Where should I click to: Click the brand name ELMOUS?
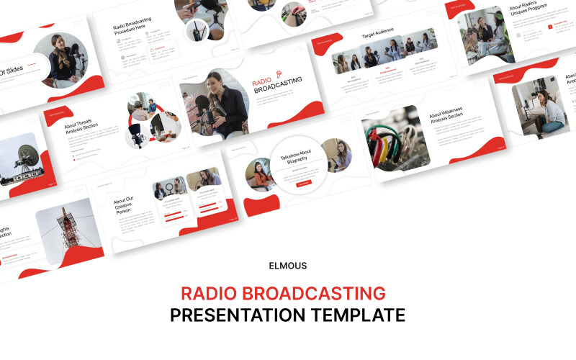pos(287,266)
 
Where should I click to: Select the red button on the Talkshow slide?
pos(304,184)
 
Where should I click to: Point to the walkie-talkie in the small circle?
pos(196,30)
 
